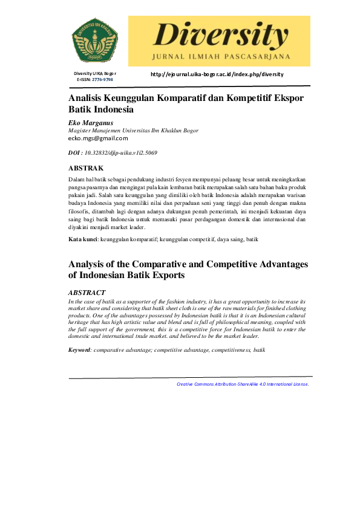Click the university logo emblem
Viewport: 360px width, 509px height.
point(95,38)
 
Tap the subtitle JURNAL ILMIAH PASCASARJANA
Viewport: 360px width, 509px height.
point(219,57)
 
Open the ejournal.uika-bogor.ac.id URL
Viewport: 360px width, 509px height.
point(217,74)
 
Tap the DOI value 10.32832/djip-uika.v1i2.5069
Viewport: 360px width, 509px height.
point(121,154)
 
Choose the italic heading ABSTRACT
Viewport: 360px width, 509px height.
point(87,293)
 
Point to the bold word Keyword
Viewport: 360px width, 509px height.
point(79,350)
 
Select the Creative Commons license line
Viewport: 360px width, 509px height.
point(243,384)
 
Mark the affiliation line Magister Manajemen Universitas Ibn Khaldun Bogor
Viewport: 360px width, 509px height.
point(133,131)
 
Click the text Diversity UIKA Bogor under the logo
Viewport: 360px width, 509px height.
point(95,74)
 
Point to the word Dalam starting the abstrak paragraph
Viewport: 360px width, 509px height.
point(77,180)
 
